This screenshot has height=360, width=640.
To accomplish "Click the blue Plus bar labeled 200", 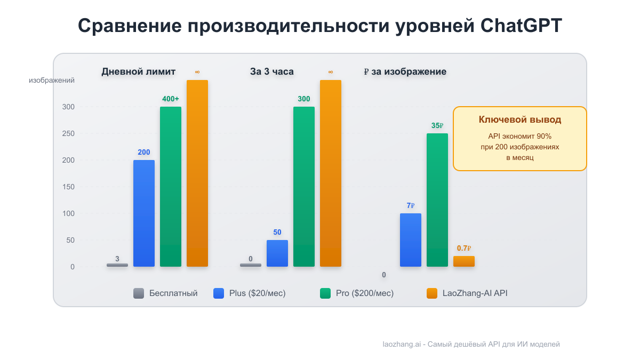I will [x=144, y=213].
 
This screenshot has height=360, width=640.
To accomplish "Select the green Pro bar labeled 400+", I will [x=171, y=187].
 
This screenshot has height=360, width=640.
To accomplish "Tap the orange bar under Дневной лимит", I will [x=197, y=173].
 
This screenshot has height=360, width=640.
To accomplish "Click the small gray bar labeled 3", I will [x=117, y=265].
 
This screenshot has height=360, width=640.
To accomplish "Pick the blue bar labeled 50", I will [x=277, y=253].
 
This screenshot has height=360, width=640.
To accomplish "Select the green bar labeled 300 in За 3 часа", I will [x=304, y=187].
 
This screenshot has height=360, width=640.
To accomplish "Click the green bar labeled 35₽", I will [x=437, y=200].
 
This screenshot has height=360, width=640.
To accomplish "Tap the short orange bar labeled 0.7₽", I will [x=464, y=261].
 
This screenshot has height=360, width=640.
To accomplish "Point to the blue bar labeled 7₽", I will [x=411, y=240].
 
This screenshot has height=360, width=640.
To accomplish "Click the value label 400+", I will [x=171, y=99].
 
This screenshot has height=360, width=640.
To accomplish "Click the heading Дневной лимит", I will [x=139, y=71].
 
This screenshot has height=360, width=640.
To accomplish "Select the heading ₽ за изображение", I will [x=405, y=71].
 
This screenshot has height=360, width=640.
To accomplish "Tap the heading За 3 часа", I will [x=272, y=71].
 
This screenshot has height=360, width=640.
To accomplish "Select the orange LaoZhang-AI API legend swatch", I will [x=432, y=293].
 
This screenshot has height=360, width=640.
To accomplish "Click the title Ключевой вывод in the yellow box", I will [x=520, y=120].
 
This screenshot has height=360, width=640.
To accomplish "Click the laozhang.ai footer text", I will [x=471, y=345].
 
